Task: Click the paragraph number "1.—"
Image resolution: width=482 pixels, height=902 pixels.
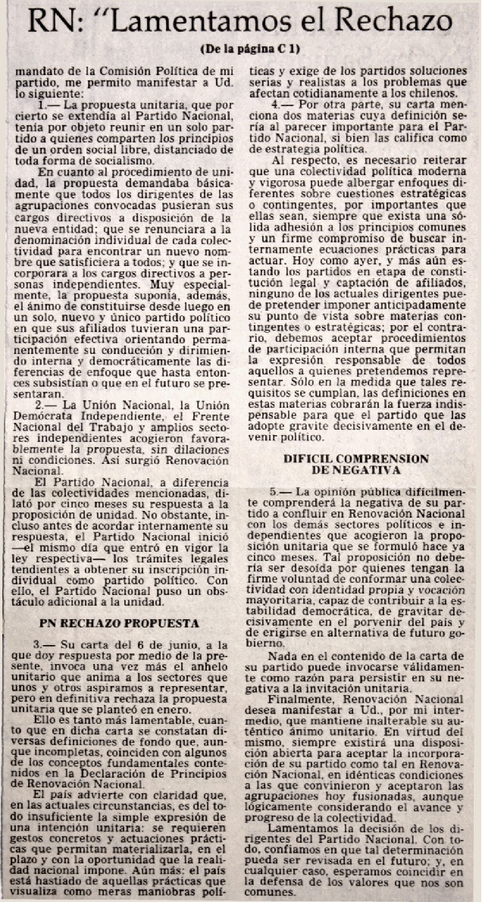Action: point(50,100)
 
